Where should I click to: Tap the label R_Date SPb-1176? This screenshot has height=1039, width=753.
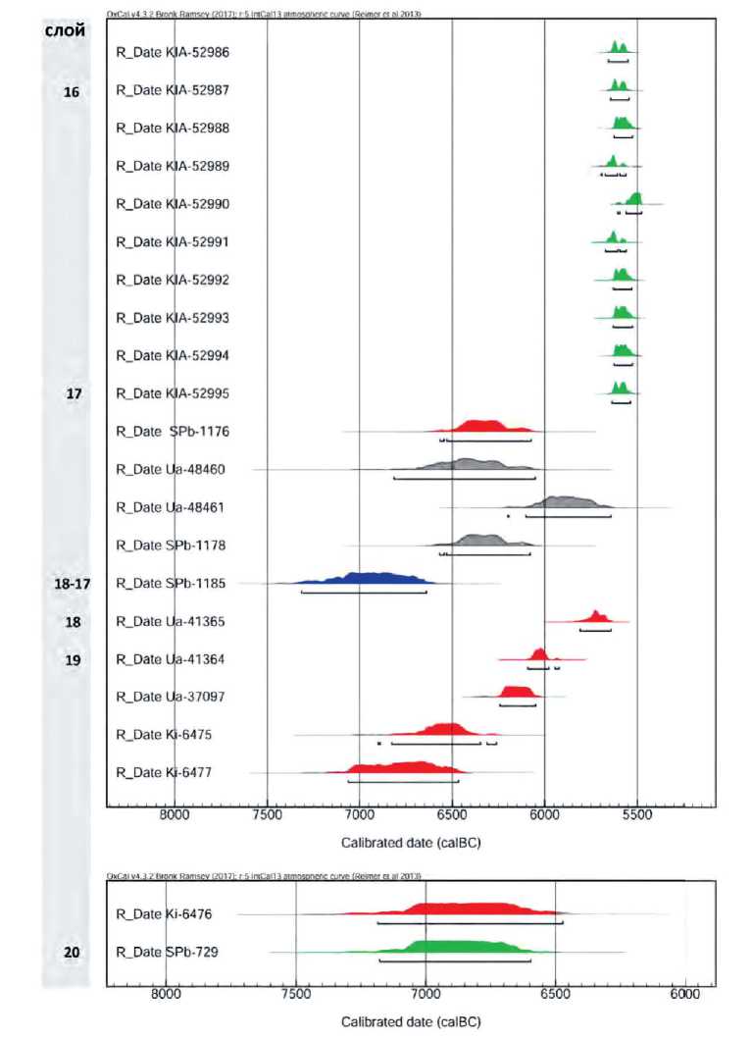tap(173, 431)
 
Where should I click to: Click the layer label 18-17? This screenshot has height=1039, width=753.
tap(72, 583)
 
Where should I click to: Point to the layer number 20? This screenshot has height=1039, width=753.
tap(72, 952)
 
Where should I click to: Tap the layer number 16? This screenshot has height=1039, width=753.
tap(72, 91)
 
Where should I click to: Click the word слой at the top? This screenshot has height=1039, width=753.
tap(66, 31)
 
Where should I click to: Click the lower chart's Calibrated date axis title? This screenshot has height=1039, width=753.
tap(411, 1021)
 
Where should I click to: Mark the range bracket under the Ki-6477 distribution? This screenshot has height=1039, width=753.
tap(403, 782)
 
